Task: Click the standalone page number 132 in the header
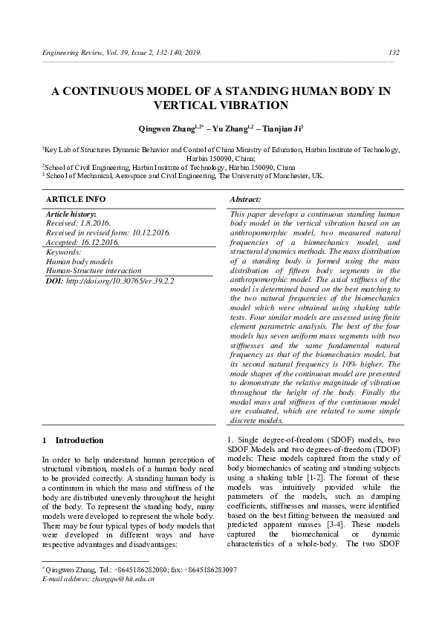pos(394,53)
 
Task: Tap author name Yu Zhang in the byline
pos(230,128)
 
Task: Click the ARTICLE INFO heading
pos(76,200)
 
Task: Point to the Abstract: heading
pos(246,200)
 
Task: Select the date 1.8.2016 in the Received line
pos(95,223)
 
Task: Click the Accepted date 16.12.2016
pos(99,242)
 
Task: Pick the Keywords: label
pos(63,252)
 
